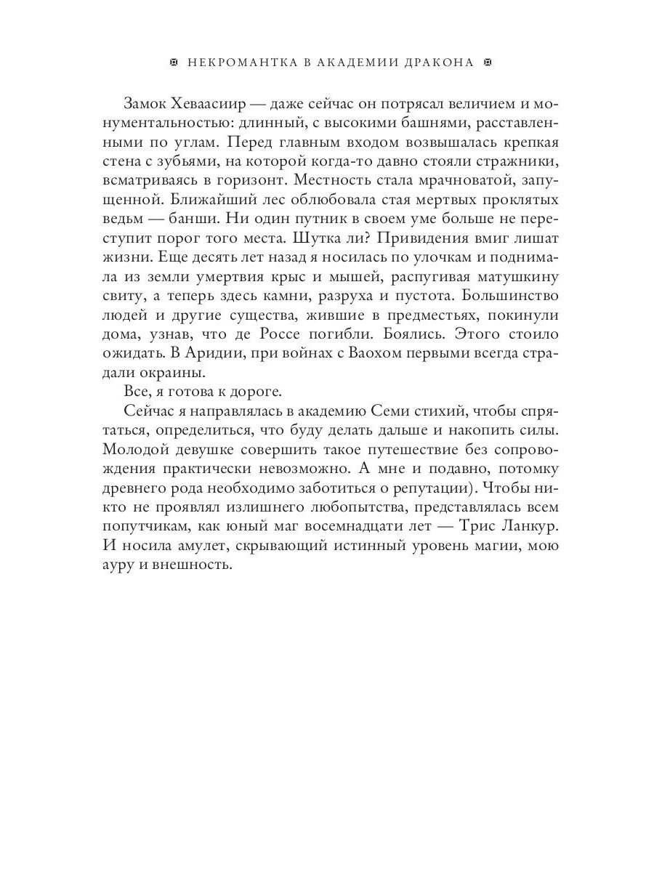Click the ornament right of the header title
(488, 62)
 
